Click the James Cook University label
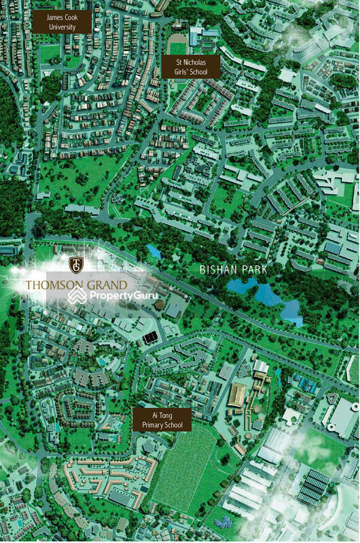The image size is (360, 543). click(x=62, y=21)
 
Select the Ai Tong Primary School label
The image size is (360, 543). click(x=162, y=419)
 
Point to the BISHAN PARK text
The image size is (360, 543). click(x=234, y=269)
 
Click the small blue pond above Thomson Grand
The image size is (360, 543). click(x=154, y=252)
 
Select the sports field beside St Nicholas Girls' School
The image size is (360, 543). click(x=177, y=48)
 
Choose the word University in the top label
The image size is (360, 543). click(x=62, y=27)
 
